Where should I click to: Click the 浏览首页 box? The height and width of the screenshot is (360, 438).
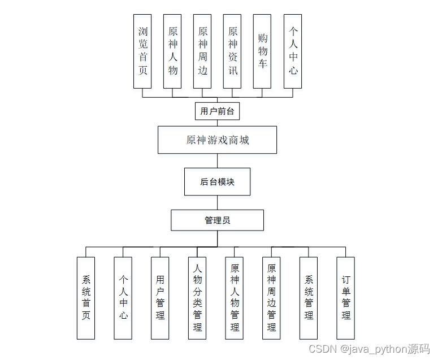click(x=142, y=51)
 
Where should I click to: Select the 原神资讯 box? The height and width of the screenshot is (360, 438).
click(x=232, y=51)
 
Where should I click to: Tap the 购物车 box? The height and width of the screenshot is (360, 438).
click(x=262, y=51)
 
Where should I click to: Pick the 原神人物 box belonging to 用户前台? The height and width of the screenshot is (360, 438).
click(x=172, y=51)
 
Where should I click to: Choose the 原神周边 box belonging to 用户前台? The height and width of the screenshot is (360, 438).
click(x=202, y=51)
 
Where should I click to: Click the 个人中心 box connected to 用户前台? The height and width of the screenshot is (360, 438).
click(x=293, y=51)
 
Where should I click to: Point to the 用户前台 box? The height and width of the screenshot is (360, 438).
click(x=217, y=111)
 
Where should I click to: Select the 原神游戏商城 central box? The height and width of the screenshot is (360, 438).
click(x=217, y=140)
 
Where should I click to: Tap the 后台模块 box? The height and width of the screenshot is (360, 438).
click(x=217, y=181)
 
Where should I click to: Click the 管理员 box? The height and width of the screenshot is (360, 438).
click(x=217, y=220)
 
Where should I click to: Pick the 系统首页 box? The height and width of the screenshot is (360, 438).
click(x=86, y=298)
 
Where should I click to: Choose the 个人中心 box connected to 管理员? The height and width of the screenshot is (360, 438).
click(x=123, y=298)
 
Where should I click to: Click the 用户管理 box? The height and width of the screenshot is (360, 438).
click(x=160, y=298)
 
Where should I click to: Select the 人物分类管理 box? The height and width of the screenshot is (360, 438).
click(x=197, y=298)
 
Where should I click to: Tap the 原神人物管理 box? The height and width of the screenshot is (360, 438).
click(x=235, y=298)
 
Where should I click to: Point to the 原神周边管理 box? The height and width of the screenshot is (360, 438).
click(x=271, y=298)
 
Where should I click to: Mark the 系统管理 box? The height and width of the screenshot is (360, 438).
click(x=309, y=298)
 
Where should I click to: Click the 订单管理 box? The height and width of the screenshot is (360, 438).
click(x=346, y=298)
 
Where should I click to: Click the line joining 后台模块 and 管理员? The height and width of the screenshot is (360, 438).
click(x=217, y=202)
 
